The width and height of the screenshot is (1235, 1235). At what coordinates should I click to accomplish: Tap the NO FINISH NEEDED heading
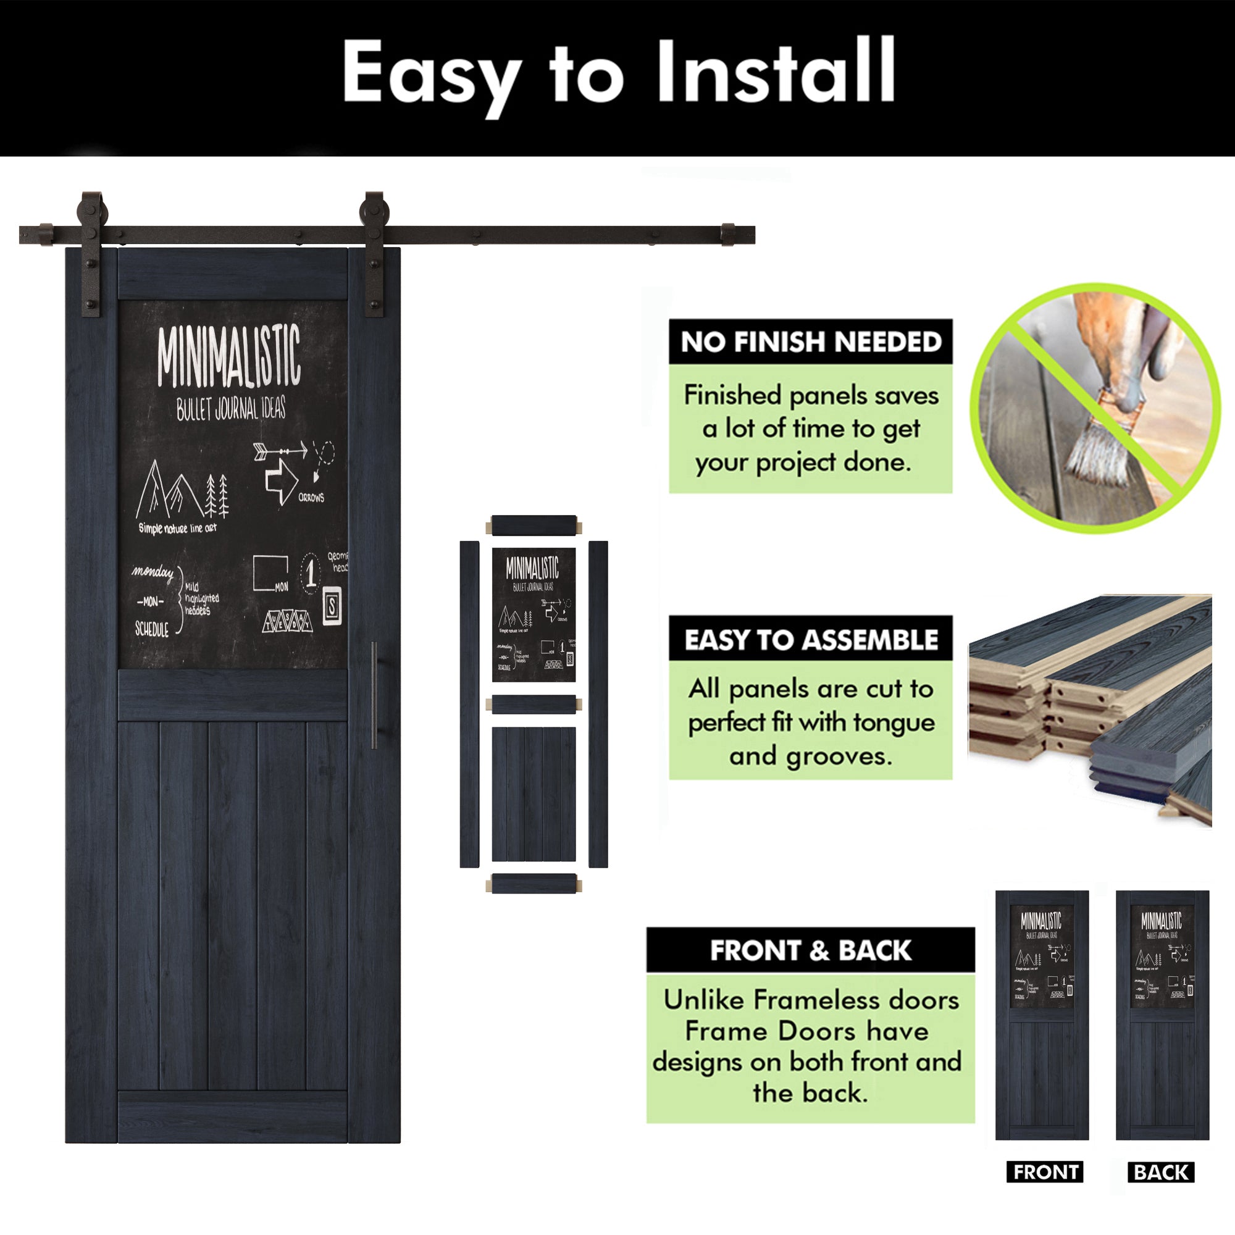coord(811,342)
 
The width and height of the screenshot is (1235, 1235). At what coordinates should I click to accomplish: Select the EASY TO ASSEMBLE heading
coord(811,639)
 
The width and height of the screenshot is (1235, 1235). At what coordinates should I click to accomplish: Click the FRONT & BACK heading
coord(810,950)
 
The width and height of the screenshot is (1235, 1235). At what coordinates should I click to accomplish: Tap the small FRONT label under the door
coord(1045,1172)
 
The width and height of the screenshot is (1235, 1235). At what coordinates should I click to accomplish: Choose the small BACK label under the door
coord(1161,1172)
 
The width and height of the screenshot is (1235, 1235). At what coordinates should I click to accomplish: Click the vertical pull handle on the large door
coord(374,695)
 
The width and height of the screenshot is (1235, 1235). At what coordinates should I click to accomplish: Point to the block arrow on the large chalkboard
coord(281,479)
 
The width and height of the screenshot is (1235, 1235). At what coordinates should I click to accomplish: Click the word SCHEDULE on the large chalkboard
coord(152,630)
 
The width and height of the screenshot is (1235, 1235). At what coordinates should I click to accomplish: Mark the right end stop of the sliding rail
coord(728,235)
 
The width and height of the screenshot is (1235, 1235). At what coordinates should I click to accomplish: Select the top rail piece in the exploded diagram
coord(534,526)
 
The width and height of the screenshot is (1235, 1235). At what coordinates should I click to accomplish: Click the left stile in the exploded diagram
coord(469,704)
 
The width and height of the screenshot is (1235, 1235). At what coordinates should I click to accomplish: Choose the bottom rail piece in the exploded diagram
coord(534,884)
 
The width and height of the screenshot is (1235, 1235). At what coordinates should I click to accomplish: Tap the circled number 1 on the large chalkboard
coord(311,573)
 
